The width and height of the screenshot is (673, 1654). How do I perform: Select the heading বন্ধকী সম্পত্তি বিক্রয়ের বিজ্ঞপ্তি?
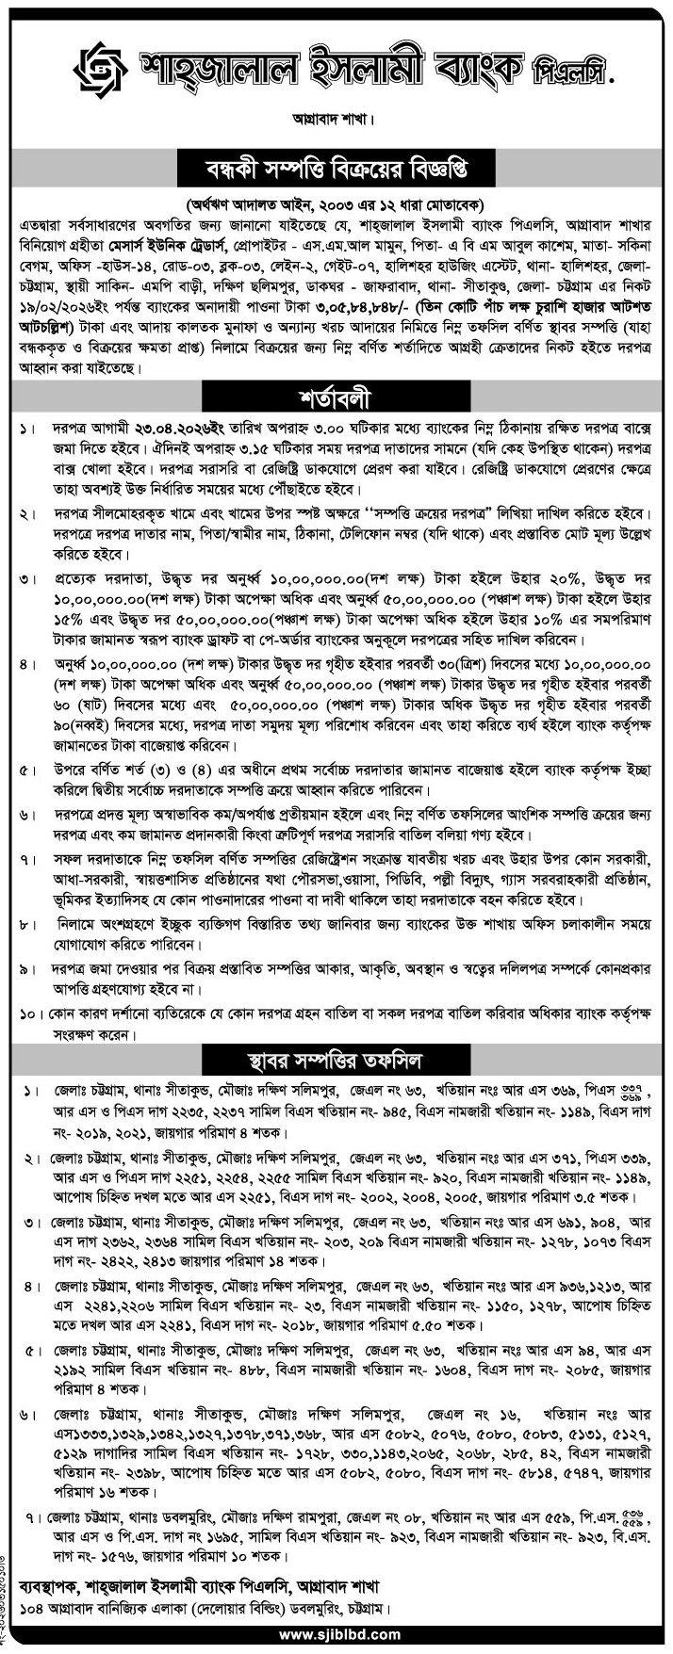(x=336, y=170)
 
